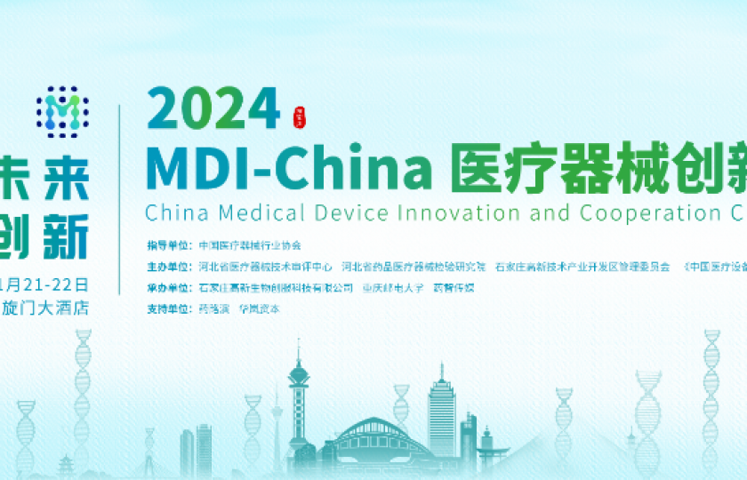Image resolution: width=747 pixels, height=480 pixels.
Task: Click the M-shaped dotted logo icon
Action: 61,112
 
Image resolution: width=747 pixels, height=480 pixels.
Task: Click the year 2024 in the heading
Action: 213,109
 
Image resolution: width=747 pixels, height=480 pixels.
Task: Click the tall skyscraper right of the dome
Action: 441,413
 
